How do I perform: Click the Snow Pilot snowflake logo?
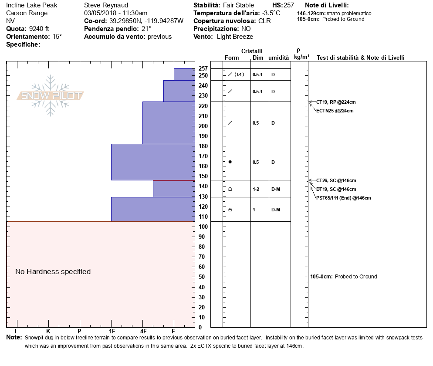click(51, 95)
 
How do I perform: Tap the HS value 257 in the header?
click(289, 5)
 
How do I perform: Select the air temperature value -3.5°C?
click(271, 13)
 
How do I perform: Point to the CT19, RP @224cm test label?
click(336, 102)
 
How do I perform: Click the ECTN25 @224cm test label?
click(335, 111)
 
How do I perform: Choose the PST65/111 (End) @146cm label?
click(343, 198)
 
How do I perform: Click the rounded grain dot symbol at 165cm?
click(230, 162)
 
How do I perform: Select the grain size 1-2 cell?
click(256, 189)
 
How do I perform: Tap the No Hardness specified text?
click(53, 271)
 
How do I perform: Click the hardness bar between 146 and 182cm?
click(152, 162)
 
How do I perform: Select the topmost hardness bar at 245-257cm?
click(184, 75)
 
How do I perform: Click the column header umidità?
click(278, 58)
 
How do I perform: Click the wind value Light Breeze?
click(235, 37)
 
